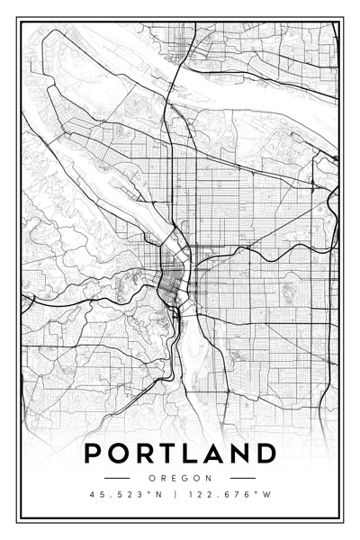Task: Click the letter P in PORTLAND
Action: tap(94, 453)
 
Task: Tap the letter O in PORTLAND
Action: tap(121, 453)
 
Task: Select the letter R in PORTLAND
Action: tap(147, 453)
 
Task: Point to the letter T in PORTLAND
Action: tap(170, 453)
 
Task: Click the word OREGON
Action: tap(180, 478)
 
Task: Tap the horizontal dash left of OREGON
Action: tap(117, 478)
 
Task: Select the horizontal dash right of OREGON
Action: tap(243, 478)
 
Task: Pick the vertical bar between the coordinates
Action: tap(175, 494)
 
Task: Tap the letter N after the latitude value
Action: tap(159, 494)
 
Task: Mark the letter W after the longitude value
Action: tap(267, 494)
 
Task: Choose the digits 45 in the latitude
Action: tap(98, 494)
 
